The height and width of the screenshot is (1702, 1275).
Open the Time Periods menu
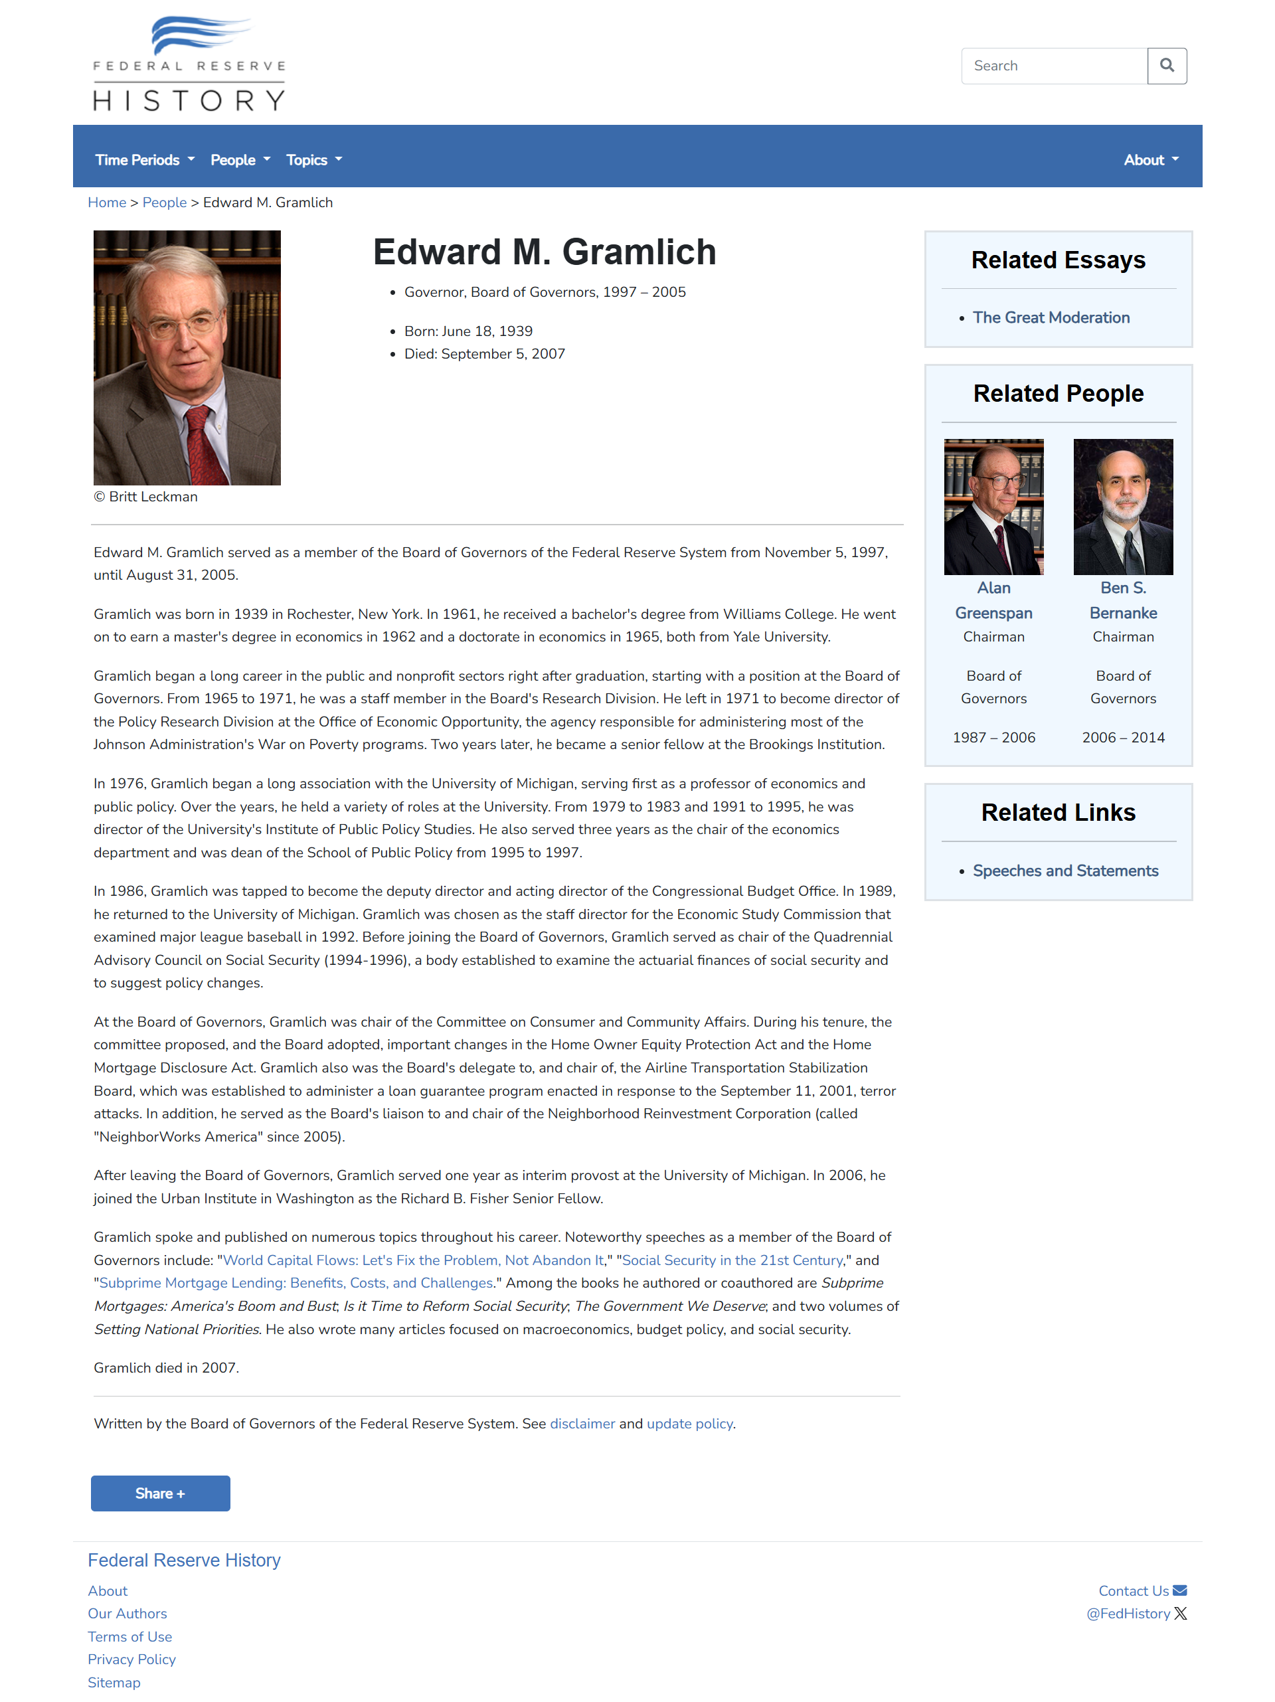[x=144, y=160]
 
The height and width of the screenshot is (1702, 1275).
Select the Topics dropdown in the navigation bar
[x=313, y=160]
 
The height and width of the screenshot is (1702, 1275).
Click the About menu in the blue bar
[x=1149, y=160]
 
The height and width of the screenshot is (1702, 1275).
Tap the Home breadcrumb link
[x=107, y=203]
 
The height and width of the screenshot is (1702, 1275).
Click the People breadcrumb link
[x=164, y=203]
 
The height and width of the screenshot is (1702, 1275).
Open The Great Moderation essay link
[x=1051, y=318]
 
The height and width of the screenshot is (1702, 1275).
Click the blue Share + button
[x=160, y=1493]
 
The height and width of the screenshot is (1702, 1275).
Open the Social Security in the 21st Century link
[x=732, y=1260]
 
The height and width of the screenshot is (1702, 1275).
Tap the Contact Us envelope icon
[x=1179, y=1590]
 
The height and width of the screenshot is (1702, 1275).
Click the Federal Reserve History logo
[x=189, y=64]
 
